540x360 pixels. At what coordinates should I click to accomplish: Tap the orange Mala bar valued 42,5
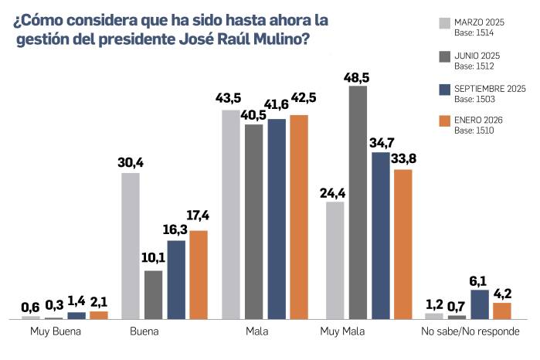point(299,217)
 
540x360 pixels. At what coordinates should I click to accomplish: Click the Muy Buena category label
point(55,333)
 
